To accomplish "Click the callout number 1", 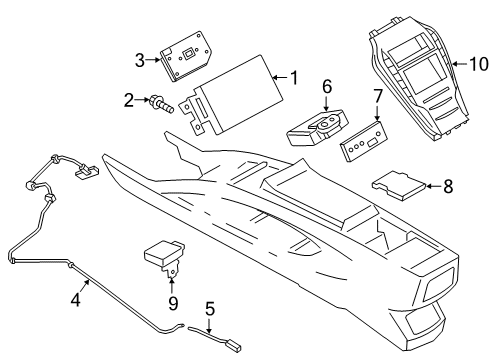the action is point(294,78).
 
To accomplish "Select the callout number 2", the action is point(129,100).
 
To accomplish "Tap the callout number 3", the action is point(140,60).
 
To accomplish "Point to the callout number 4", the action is point(76,299).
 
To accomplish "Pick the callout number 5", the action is point(210,309).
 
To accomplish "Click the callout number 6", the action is point(327,87).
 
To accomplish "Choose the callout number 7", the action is point(377,96).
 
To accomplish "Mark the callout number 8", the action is point(448,186).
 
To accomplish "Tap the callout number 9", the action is point(173,303).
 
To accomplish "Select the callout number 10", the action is point(479,64).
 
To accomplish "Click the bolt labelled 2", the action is point(162,104).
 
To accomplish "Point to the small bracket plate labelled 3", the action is point(186,56).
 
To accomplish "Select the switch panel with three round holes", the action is point(364,141).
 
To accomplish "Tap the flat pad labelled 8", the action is point(399,186).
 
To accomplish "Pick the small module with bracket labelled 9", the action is point(165,257).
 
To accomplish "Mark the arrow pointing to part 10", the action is point(460,64).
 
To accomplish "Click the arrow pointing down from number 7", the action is point(377,113).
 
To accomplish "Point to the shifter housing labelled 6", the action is point(317,128).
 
